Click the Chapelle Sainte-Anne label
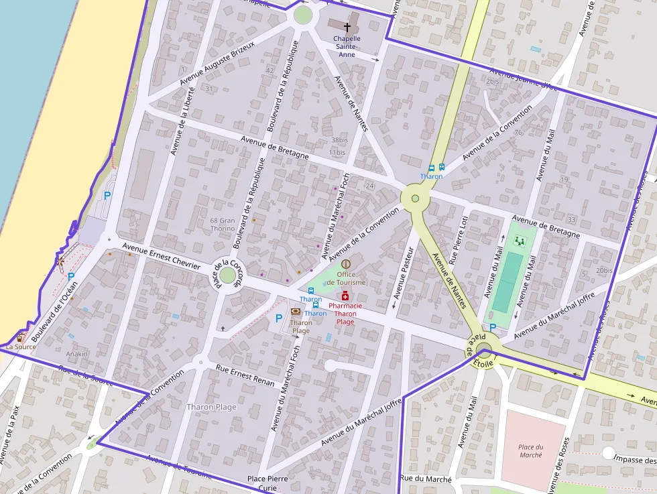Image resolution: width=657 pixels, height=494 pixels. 347,46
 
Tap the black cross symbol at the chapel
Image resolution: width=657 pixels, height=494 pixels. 347,27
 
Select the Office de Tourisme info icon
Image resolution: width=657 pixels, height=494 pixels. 346,265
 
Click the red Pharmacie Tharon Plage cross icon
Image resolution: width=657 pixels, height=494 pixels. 345,296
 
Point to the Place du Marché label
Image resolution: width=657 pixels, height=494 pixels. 531,451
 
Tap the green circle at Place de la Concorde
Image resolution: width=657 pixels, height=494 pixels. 228,275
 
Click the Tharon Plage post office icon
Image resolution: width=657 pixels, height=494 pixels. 296,312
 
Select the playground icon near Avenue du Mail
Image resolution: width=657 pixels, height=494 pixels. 518,240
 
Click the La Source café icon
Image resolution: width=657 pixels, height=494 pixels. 21,336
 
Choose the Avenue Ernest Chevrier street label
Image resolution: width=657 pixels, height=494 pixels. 161,257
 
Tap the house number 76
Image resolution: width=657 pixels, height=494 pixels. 518,132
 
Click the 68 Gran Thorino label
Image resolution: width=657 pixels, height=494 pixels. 223,224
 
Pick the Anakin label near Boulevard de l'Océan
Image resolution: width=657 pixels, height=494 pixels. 77,353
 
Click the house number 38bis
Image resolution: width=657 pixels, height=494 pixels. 339,140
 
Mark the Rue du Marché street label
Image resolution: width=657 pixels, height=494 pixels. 426,479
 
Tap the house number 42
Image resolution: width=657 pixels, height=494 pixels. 270,70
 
